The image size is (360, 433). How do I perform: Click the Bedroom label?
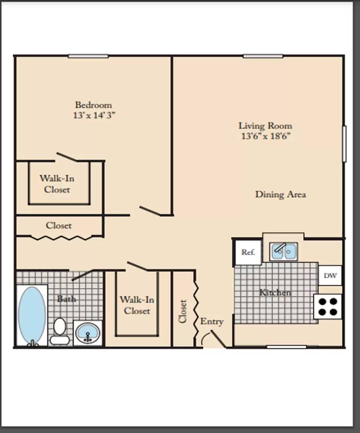click(94, 105)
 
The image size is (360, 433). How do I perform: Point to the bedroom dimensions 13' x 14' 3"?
click(94, 115)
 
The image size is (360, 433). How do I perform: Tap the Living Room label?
click(265, 125)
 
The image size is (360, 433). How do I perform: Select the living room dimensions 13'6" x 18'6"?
click(266, 136)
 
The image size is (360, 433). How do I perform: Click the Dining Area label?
click(281, 194)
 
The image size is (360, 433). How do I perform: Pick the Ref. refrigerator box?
click(248, 252)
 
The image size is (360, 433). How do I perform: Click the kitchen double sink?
click(283, 251)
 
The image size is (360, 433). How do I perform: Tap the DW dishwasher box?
click(330, 275)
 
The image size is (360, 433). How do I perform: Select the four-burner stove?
click(327, 307)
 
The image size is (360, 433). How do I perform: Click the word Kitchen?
click(275, 292)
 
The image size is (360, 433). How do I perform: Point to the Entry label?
click(212, 322)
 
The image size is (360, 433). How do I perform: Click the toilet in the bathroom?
click(59, 331)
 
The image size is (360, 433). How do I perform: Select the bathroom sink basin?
click(87, 333)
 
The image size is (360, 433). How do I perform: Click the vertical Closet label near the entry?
click(183, 311)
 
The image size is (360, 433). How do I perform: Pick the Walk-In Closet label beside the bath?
click(137, 305)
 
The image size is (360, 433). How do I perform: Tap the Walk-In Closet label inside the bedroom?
click(57, 184)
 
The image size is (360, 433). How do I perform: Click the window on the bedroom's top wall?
click(88, 57)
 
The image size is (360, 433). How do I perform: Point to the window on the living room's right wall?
click(344, 144)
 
